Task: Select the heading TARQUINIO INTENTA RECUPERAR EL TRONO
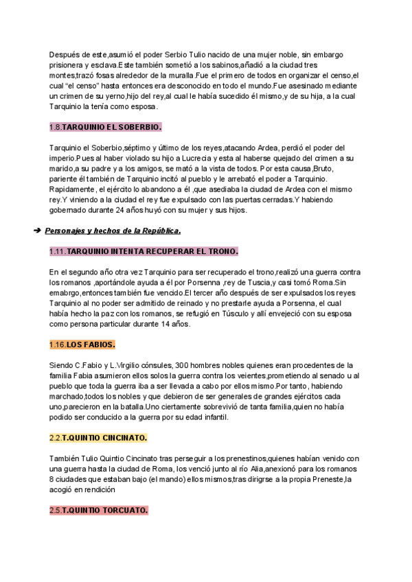point(152,251)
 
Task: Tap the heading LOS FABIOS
point(91,344)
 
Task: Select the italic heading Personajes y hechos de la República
point(113,231)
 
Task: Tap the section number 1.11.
point(58,251)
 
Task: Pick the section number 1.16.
point(58,344)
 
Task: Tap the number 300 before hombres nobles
point(182,365)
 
